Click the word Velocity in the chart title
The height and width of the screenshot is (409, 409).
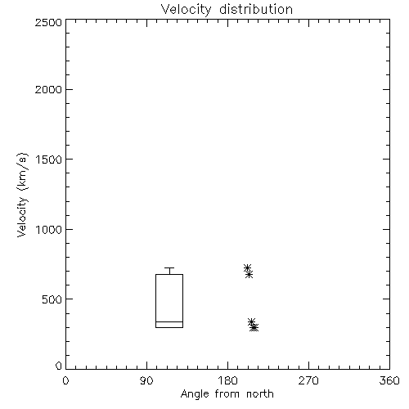[187, 10]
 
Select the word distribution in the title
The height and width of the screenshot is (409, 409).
[256, 9]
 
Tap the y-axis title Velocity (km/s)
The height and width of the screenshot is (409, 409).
[22, 195]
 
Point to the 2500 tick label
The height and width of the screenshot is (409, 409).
[48, 22]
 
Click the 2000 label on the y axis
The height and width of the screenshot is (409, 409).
[48, 90]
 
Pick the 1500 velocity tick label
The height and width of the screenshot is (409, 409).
[49, 160]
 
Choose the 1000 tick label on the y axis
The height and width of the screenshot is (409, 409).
[49, 230]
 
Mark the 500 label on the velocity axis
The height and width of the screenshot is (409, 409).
[52, 299]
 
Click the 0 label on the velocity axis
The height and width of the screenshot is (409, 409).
[59, 366]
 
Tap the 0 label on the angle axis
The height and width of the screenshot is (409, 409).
[65, 380]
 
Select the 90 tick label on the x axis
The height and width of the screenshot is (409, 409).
[146, 380]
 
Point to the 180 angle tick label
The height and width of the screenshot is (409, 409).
[227, 380]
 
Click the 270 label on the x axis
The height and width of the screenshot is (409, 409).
[308, 380]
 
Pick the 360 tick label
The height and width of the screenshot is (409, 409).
[389, 380]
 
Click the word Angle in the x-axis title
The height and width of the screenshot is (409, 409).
[195, 394]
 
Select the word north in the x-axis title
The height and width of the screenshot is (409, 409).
[260, 393]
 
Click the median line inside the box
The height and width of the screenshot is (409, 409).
[169, 321]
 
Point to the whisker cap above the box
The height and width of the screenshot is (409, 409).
[169, 268]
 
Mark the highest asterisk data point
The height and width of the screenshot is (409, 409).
[247, 268]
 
